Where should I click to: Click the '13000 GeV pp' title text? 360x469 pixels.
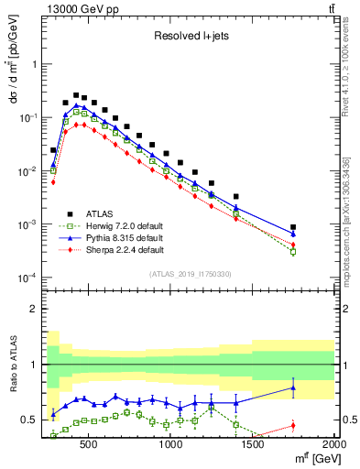[x=79, y=9]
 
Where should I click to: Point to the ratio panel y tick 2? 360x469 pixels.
[x=34, y=309]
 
